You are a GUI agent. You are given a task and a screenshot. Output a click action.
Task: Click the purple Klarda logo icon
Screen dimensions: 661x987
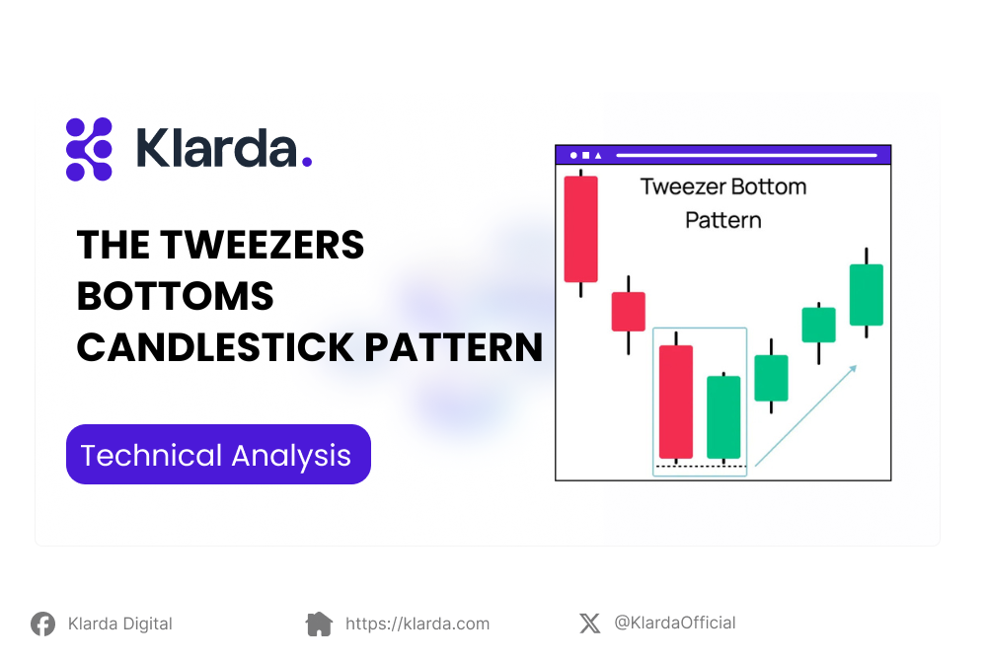point(89,149)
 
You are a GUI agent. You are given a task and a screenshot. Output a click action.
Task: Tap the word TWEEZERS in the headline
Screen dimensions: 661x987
point(262,245)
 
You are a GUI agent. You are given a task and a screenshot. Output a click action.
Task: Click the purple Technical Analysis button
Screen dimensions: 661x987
point(218,455)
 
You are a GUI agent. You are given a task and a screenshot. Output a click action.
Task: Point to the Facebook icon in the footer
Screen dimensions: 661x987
point(42,624)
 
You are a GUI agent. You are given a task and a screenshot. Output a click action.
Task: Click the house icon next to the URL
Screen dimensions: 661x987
point(319,624)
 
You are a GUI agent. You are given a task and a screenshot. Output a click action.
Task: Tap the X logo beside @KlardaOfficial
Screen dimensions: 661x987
point(589,624)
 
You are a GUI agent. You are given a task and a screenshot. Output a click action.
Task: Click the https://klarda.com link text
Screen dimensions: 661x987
point(417,624)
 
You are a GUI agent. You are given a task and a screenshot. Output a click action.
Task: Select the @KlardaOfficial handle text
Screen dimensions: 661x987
point(674,623)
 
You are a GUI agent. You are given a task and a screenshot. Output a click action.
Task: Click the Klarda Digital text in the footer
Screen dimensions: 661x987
point(119,624)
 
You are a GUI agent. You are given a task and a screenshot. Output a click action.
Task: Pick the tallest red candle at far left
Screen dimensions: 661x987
point(580,229)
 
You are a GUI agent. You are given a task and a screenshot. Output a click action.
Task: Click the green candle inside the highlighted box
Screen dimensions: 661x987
point(723,416)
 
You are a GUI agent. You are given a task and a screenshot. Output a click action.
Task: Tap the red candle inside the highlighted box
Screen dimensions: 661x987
point(676,402)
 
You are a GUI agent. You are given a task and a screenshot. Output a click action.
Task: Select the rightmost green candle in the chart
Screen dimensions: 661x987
point(866,294)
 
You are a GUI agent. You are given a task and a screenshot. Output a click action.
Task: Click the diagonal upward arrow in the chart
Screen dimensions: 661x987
point(804,415)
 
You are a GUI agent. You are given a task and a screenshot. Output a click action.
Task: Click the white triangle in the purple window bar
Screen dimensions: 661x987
point(597,155)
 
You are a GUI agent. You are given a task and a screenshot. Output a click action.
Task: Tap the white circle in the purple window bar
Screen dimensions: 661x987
point(573,155)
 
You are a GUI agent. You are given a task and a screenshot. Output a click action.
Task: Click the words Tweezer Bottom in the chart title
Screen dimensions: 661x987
point(722,186)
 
